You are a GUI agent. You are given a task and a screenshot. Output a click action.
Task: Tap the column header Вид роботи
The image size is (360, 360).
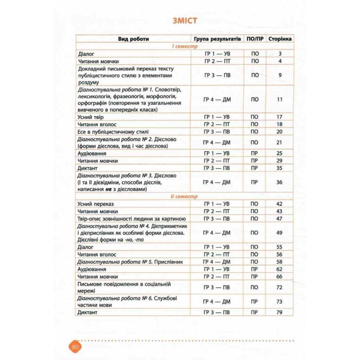[x=134, y=39]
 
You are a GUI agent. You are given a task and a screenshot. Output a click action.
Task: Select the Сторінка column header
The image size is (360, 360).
[x=280, y=39]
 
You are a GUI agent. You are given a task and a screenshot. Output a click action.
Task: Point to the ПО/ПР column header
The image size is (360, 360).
[x=255, y=39]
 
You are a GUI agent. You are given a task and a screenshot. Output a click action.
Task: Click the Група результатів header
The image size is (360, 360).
[x=217, y=39]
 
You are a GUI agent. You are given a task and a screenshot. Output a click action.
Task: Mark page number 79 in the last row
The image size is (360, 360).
[x=280, y=312]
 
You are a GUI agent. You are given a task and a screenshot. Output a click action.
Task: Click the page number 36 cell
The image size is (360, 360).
[x=280, y=182]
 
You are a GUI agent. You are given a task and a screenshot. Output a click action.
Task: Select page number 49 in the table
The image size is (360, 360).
[x=280, y=233]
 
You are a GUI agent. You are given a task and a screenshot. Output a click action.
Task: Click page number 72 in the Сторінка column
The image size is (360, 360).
[x=280, y=287]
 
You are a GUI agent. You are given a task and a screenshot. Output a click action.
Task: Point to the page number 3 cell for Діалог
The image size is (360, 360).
[x=280, y=54]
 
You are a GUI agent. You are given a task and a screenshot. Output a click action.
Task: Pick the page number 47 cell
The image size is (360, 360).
[x=280, y=218]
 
